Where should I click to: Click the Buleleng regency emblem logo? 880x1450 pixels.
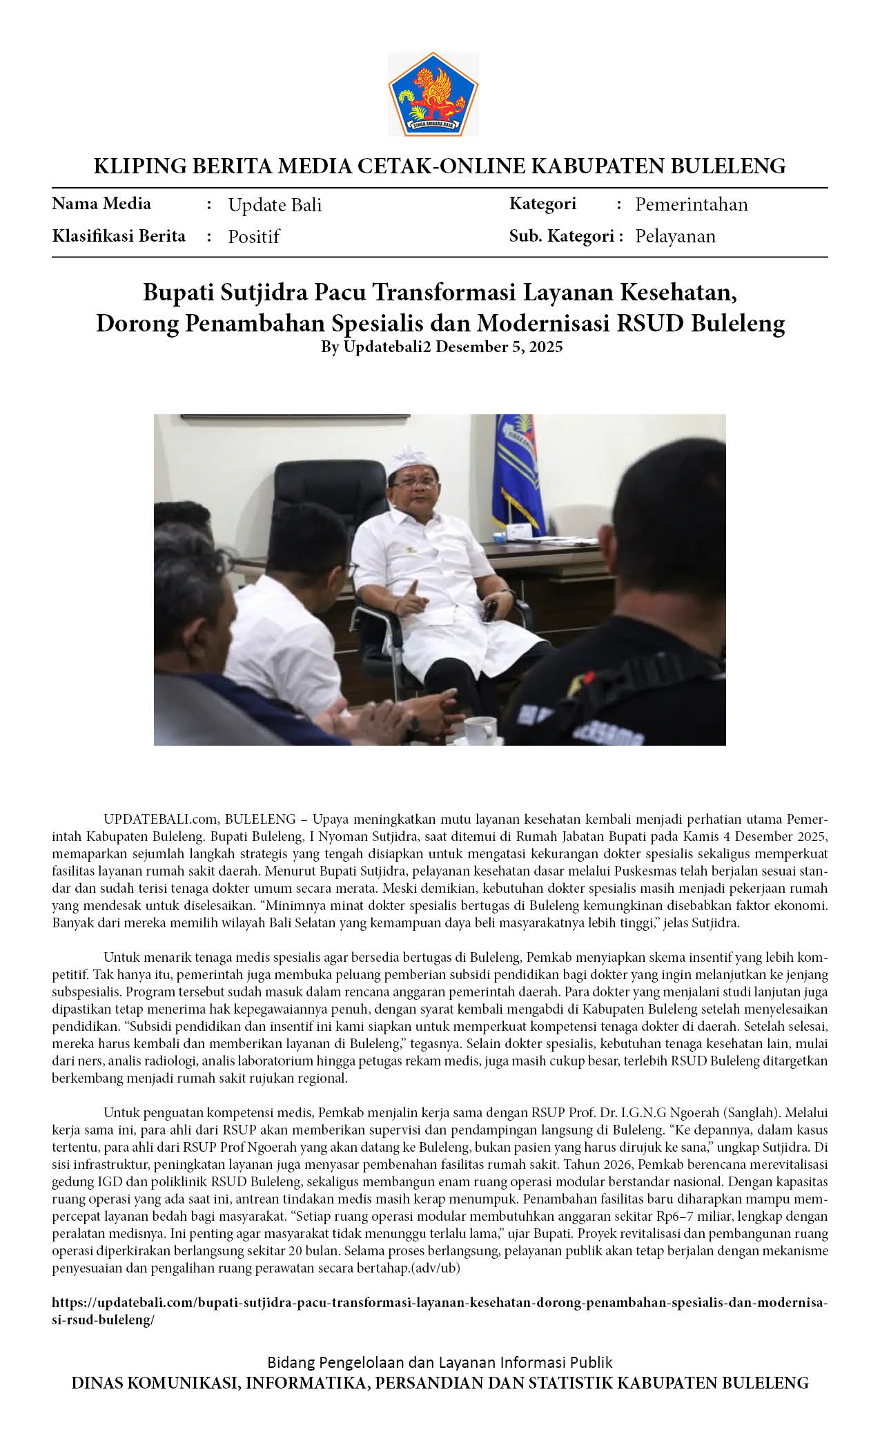(x=433, y=94)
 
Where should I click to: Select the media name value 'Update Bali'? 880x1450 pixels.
(x=275, y=205)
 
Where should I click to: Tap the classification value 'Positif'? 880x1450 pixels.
(x=253, y=237)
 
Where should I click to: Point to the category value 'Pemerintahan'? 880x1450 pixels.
(x=691, y=204)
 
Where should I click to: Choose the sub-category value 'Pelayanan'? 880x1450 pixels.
(x=675, y=236)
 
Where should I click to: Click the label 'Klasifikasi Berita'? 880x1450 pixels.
(x=119, y=236)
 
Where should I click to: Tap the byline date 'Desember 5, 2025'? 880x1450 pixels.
(x=499, y=347)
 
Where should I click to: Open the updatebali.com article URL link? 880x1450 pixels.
(x=440, y=1303)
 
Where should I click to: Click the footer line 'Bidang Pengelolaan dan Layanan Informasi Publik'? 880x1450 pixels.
(x=440, y=1362)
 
